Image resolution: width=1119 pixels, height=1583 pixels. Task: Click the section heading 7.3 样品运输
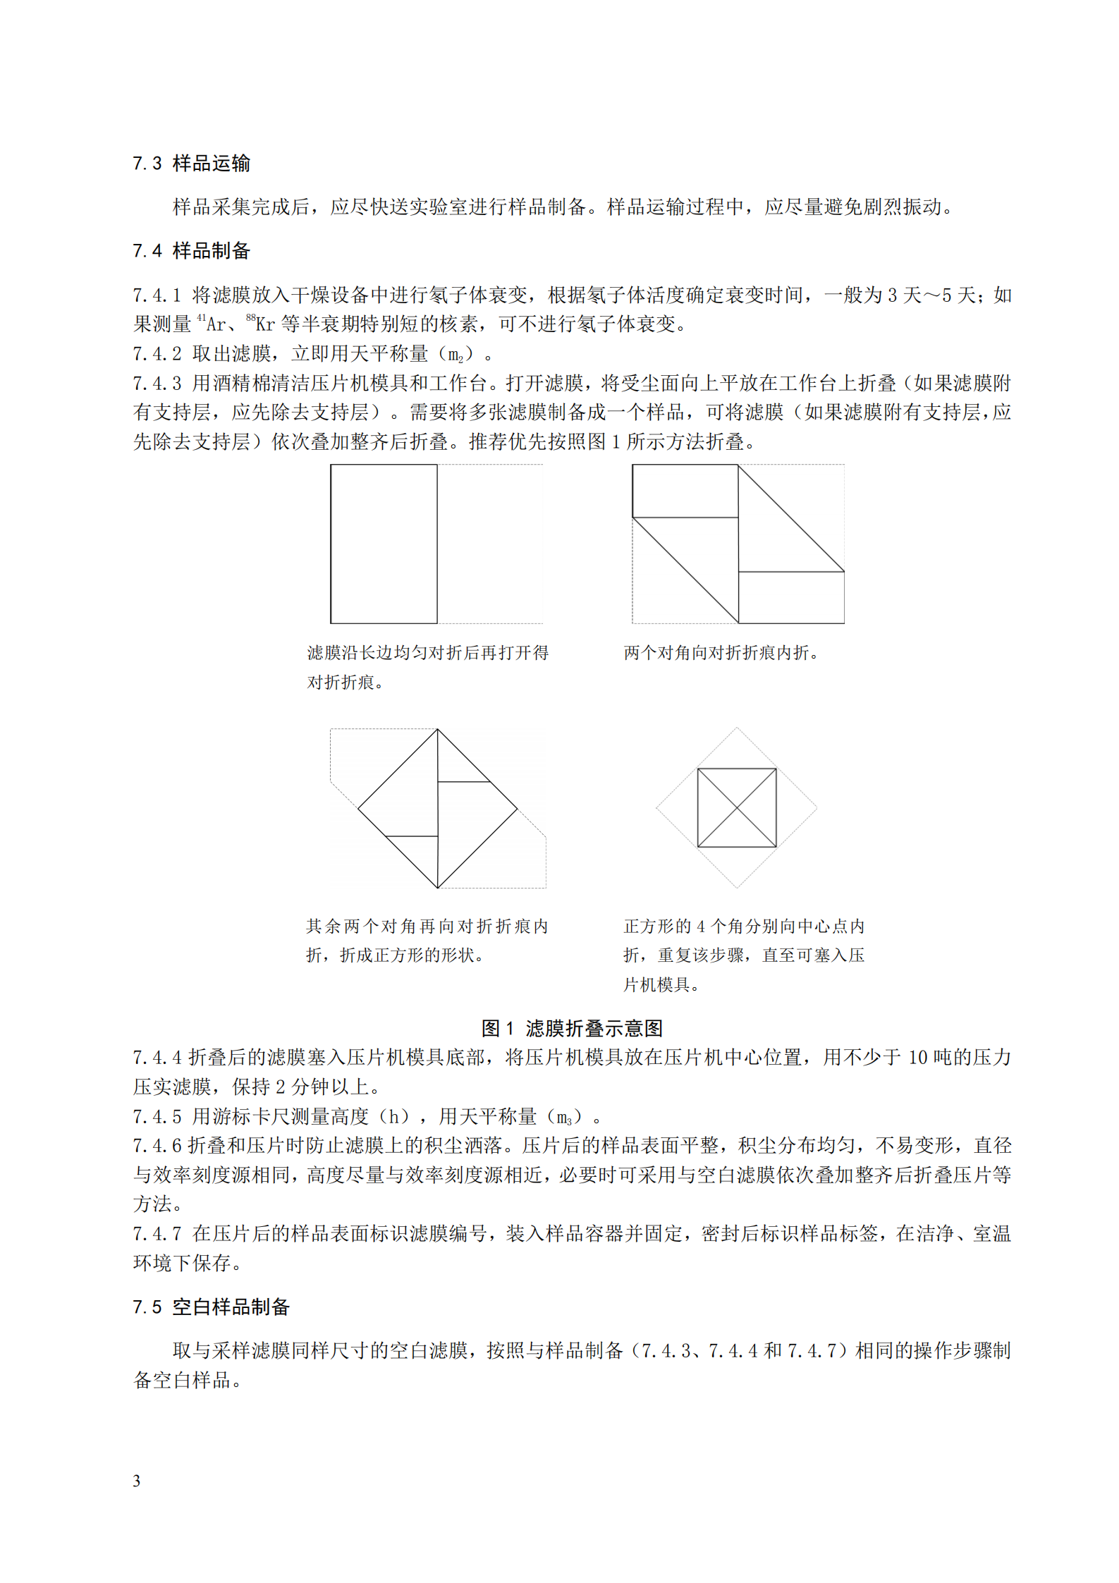tap(191, 164)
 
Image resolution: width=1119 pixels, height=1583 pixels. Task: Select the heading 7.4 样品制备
tap(191, 250)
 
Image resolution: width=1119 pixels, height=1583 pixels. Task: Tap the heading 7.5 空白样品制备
tap(211, 1307)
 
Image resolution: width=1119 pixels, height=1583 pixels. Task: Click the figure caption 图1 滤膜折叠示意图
tap(572, 1028)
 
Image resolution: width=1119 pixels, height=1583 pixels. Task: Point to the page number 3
tap(137, 1481)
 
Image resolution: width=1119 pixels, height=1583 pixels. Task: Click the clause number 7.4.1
tap(157, 295)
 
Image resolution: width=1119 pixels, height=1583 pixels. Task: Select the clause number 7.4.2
tap(157, 353)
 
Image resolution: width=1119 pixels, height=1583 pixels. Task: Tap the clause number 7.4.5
tap(157, 1116)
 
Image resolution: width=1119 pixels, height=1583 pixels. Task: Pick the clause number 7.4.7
tap(157, 1233)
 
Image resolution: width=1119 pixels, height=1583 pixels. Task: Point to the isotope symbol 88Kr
tap(260, 324)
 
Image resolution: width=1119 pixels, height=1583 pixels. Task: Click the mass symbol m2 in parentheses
tap(455, 354)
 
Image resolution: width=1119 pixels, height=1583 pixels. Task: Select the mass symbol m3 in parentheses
tap(564, 1117)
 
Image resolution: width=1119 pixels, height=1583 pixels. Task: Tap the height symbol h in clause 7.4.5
tap(398, 1116)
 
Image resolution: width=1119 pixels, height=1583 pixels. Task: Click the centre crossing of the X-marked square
tap(737, 807)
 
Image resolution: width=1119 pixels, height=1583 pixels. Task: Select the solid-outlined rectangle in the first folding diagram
tap(384, 544)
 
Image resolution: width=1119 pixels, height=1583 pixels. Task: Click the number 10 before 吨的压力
tap(917, 1058)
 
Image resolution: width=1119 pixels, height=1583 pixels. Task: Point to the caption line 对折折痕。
tap(346, 682)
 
